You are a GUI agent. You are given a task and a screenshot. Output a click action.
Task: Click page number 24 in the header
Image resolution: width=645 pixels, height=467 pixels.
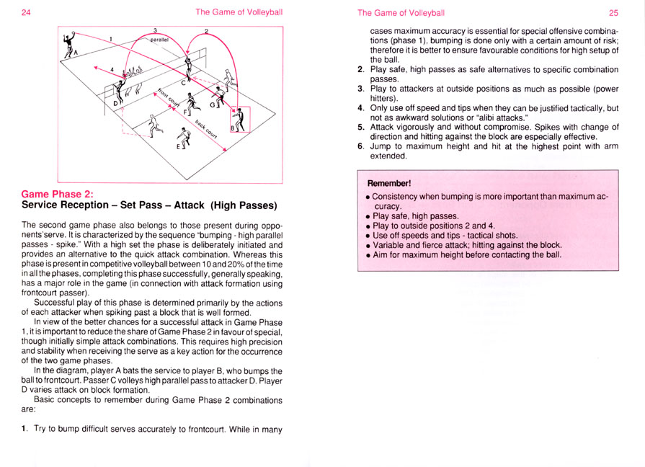click(x=25, y=12)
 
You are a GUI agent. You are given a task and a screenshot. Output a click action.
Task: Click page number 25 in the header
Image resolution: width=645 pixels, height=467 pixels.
click(x=613, y=12)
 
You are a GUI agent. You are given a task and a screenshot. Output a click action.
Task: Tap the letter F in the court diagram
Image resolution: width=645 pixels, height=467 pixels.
click(x=183, y=112)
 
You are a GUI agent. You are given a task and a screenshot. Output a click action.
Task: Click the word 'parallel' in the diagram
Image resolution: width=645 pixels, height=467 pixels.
click(x=159, y=40)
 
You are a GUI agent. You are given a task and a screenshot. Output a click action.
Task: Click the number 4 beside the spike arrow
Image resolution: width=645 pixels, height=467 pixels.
click(x=112, y=69)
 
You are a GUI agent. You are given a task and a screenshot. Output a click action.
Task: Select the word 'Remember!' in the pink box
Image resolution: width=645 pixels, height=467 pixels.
click(x=388, y=183)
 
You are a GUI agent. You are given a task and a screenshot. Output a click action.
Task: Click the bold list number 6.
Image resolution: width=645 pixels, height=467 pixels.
click(x=360, y=146)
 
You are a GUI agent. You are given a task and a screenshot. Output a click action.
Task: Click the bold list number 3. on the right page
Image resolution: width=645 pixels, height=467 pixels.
click(x=360, y=89)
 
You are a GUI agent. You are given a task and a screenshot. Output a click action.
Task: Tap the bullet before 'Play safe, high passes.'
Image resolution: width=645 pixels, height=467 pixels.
click(x=368, y=215)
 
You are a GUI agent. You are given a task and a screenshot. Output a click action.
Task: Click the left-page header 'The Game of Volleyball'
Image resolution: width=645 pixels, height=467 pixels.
click(x=239, y=12)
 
